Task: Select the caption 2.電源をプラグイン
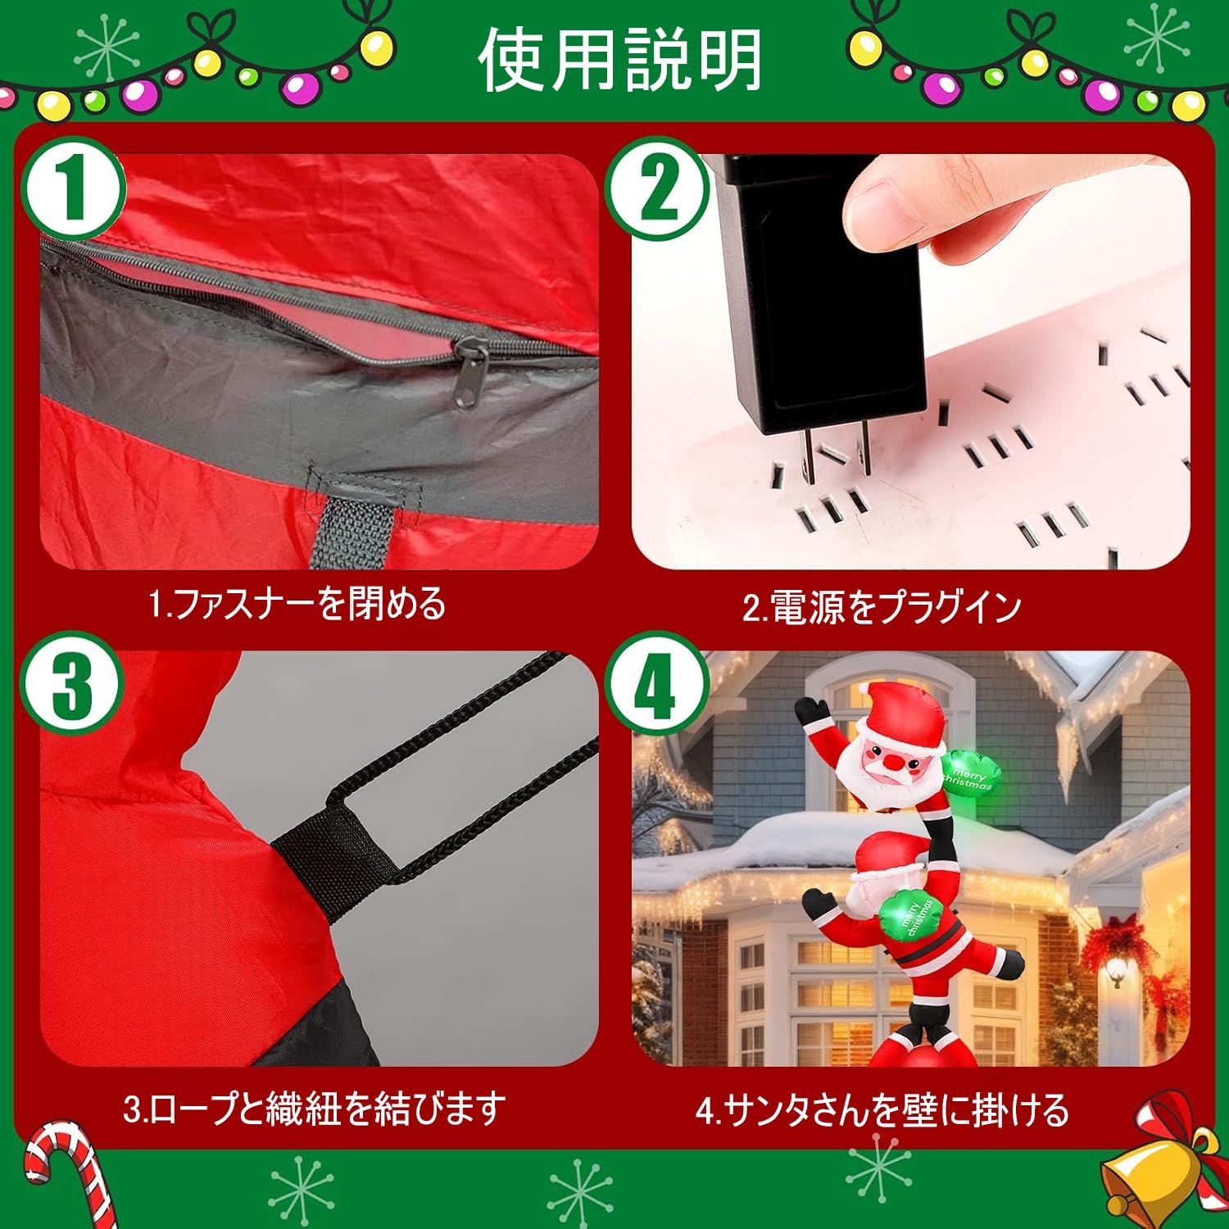[882, 607]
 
